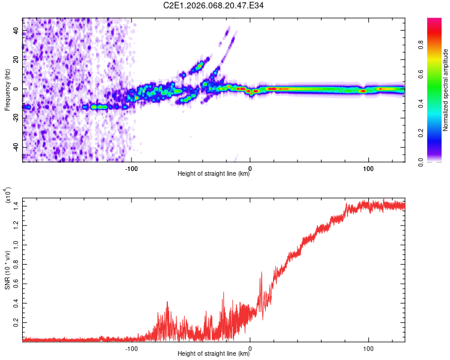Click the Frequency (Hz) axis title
click(x=7, y=89)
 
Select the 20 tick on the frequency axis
click(x=16, y=60)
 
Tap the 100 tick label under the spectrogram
click(x=368, y=167)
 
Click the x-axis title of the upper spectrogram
click(x=214, y=174)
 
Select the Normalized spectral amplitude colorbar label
click(x=446, y=91)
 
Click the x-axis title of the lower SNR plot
click(x=214, y=354)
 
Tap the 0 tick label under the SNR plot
click(x=250, y=347)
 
